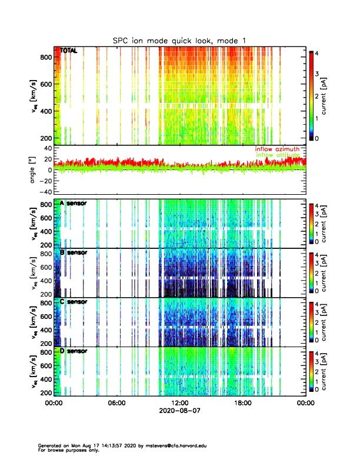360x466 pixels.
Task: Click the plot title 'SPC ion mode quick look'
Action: tap(179, 40)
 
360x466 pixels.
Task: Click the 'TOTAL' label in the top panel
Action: tap(69, 51)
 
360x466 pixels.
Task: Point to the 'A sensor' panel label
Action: tap(74, 203)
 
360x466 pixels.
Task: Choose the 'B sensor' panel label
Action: tap(74, 252)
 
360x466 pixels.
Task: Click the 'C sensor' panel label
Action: tap(74, 302)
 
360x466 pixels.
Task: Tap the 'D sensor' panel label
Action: tap(74, 351)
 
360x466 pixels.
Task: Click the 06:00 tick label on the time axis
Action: tap(116, 404)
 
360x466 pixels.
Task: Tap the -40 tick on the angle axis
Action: tap(44, 192)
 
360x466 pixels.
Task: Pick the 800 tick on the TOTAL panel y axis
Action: tap(46, 56)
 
